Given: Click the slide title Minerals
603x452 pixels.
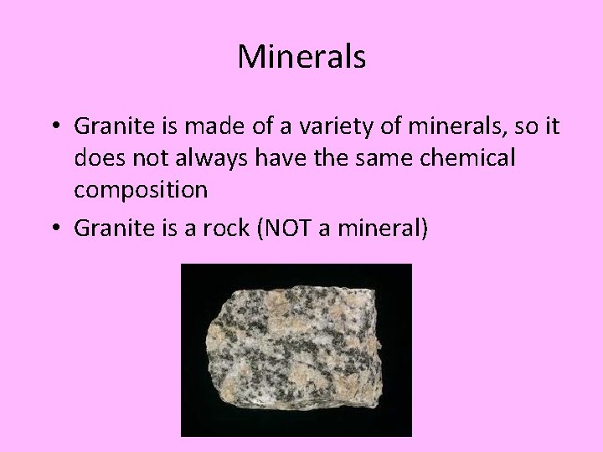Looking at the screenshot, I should (x=301, y=57).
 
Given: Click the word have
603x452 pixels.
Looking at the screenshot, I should (x=272, y=158).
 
